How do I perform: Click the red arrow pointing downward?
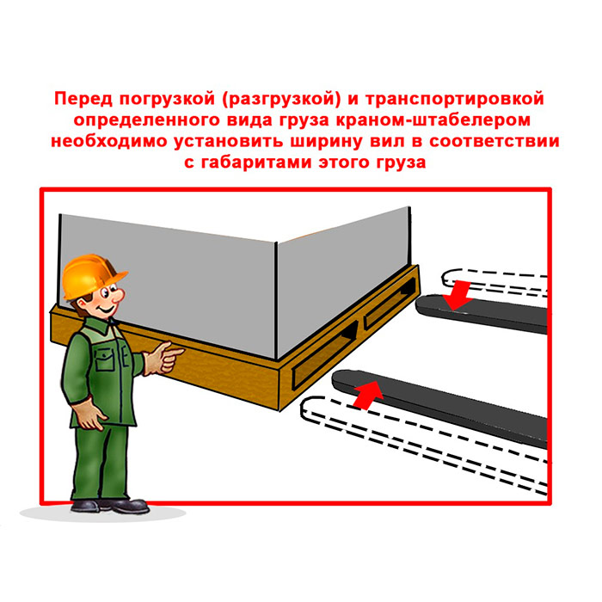[x=458, y=295]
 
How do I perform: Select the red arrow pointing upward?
[x=368, y=395]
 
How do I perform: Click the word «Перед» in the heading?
[x=83, y=99]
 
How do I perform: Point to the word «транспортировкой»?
[x=455, y=99]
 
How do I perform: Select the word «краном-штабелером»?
[x=433, y=120]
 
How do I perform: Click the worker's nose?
[x=118, y=296]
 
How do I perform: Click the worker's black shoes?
[x=110, y=506]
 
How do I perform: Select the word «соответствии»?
[x=494, y=141]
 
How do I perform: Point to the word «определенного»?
[x=146, y=120]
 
